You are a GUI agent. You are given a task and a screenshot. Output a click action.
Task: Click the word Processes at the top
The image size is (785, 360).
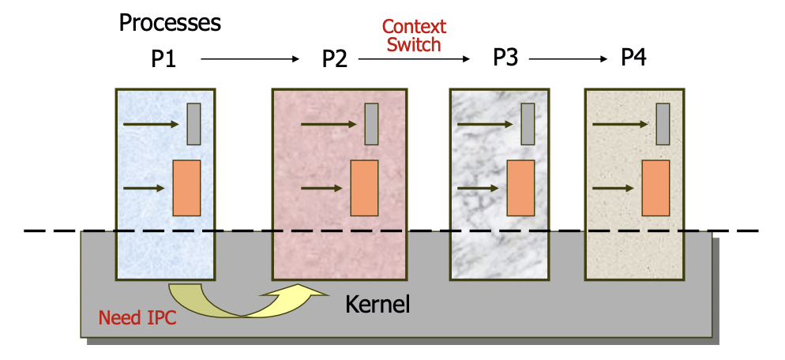click(170, 22)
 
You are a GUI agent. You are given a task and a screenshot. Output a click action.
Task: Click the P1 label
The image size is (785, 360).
click(164, 59)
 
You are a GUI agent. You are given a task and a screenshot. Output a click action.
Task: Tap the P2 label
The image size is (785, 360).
click(334, 59)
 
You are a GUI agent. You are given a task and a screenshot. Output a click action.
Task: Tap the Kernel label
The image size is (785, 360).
click(377, 304)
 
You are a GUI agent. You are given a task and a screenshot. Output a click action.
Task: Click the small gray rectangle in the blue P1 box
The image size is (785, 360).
click(193, 124)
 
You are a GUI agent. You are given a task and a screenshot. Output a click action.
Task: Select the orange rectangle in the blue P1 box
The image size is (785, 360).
click(186, 188)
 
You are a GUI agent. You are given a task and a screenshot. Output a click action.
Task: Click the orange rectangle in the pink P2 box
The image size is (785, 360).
click(364, 188)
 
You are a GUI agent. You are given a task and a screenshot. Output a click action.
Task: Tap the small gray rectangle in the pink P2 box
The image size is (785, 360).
click(371, 124)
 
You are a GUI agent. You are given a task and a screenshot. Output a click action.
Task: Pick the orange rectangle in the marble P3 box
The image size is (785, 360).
click(520, 188)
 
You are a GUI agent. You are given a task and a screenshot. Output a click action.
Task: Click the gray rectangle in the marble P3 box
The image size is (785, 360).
click(528, 124)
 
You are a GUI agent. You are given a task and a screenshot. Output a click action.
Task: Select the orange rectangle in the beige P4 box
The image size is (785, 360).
click(655, 188)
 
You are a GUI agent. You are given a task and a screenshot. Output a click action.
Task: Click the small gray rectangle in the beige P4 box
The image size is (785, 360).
click(663, 124)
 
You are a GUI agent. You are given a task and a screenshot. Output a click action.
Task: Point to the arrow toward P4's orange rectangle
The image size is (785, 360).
click(613, 188)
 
